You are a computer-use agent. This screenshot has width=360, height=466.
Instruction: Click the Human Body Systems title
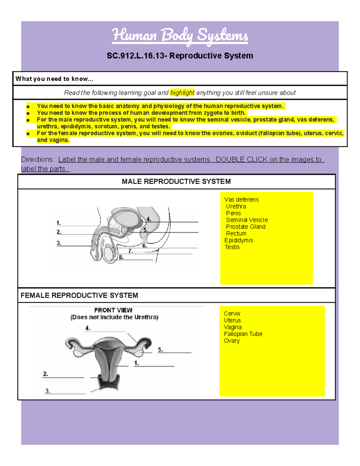click(x=180, y=35)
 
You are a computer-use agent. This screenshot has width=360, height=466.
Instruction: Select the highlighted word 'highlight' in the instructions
click(x=182, y=93)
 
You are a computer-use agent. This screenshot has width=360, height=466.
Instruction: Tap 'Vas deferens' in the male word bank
click(x=241, y=200)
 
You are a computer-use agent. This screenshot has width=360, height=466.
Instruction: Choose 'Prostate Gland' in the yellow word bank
click(x=245, y=227)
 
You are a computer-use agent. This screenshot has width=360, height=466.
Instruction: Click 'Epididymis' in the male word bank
click(x=238, y=240)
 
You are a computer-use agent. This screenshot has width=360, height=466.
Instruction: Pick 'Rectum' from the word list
click(x=236, y=233)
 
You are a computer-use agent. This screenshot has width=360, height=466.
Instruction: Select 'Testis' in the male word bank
click(x=232, y=247)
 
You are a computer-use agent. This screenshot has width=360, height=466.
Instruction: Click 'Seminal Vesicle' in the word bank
click(x=247, y=220)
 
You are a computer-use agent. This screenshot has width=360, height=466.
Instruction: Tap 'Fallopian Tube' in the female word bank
click(x=243, y=334)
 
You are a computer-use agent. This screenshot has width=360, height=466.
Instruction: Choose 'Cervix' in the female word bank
click(x=232, y=314)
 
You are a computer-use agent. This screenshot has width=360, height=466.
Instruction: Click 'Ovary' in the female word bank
click(x=232, y=341)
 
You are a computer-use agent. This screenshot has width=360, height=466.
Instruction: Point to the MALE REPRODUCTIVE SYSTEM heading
click(x=176, y=182)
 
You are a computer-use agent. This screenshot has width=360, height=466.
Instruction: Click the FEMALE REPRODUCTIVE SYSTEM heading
click(x=79, y=296)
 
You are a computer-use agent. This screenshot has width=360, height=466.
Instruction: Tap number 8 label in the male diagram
click(x=121, y=257)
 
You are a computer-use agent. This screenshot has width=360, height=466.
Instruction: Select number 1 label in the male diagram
click(x=58, y=223)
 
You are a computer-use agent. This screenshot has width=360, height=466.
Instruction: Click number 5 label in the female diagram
click(x=160, y=350)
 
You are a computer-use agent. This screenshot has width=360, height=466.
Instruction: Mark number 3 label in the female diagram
click(x=47, y=391)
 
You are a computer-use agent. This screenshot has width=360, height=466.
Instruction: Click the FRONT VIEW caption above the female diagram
click(x=113, y=310)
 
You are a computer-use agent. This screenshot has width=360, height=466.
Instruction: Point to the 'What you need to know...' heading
click(x=54, y=79)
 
